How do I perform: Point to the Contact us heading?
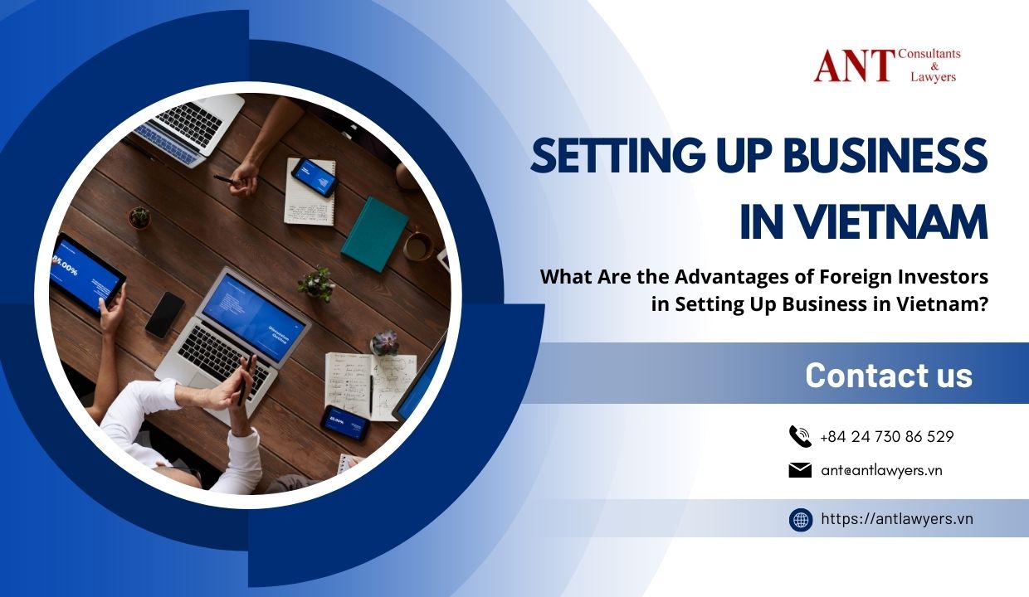point(889,375)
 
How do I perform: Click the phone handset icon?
point(800,436)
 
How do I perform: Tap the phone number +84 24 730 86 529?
point(886,436)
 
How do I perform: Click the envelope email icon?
point(800,470)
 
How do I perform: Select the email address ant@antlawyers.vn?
point(881,471)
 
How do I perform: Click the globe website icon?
point(801,520)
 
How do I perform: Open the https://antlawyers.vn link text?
point(897,519)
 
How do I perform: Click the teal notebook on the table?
point(374,234)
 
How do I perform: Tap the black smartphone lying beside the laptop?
point(165,315)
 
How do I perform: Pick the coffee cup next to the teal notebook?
point(417,246)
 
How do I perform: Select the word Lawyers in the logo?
point(933,77)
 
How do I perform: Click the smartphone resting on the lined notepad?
point(315,177)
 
